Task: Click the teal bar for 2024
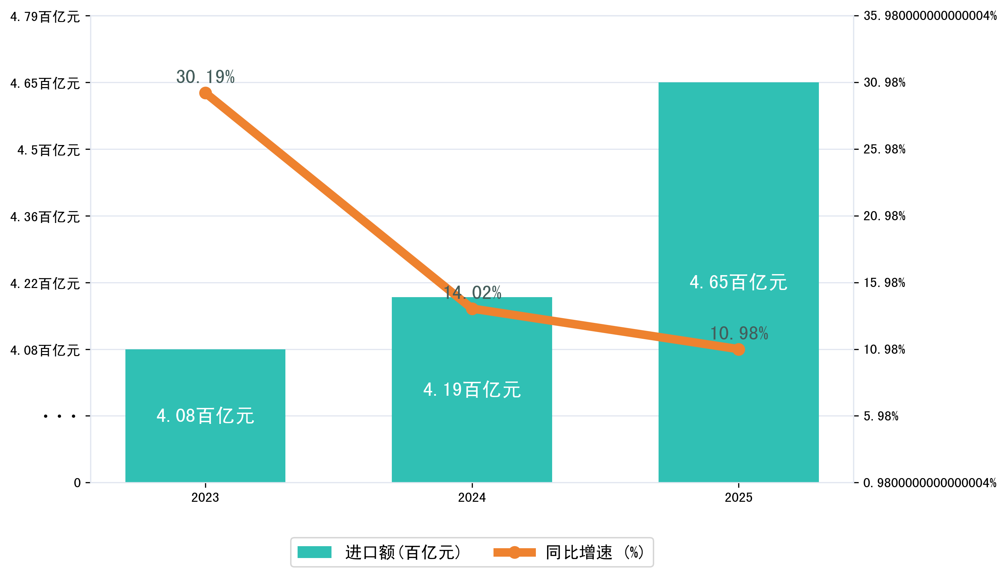(x=471, y=436)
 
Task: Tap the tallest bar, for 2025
(x=738, y=198)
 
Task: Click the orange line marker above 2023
(x=205, y=93)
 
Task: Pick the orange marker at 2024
(x=472, y=309)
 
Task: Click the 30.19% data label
(x=205, y=77)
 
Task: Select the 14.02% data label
(x=472, y=293)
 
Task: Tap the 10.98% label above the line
(x=739, y=333)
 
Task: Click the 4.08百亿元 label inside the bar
(x=205, y=416)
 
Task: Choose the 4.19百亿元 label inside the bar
(x=472, y=390)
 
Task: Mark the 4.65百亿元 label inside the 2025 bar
(x=738, y=282)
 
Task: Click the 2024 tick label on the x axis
(x=472, y=497)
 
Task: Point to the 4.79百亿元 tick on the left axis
(x=45, y=17)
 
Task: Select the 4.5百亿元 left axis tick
(x=48, y=150)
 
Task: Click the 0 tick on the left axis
(x=77, y=483)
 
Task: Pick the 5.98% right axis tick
(x=881, y=416)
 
